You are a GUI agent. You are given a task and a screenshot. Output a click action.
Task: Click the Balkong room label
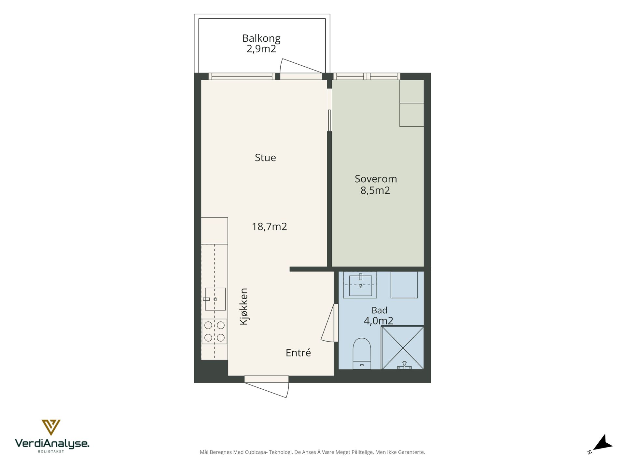pyautogui.click(x=261, y=39)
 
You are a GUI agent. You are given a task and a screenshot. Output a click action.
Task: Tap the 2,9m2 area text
pyautogui.click(x=261, y=49)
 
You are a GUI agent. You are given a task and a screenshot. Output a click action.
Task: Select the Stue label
pyautogui.click(x=265, y=158)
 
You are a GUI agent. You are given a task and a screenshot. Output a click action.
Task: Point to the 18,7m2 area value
pyautogui.click(x=270, y=227)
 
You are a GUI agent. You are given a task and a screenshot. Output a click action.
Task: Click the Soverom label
pyautogui.click(x=376, y=179)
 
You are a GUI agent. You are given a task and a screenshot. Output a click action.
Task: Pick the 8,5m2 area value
pyautogui.click(x=375, y=190)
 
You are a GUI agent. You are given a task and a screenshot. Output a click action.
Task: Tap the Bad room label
pyautogui.click(x=379, y=310)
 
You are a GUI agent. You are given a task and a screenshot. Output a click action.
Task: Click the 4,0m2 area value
pyautogui.click(x=379, y=321)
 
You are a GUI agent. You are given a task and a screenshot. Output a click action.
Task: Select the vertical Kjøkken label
pyautogui.click(x=244, y=306)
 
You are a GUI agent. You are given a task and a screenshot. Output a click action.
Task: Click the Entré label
pyautogui.click(x=298, y=353)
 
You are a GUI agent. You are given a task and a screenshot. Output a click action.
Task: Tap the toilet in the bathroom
pyautogui.click(x=362, y=354)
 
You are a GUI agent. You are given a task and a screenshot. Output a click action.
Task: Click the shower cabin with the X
pyautogui.click(x=403, y=348)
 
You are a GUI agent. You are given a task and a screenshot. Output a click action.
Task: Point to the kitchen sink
pyautogui.click(x=215, y=299)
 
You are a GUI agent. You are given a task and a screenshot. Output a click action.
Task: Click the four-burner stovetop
pyautogui.click(x=215, y=331)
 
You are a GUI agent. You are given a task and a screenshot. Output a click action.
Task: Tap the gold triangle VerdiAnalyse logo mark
pyautogui.click(x=51, y=427)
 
